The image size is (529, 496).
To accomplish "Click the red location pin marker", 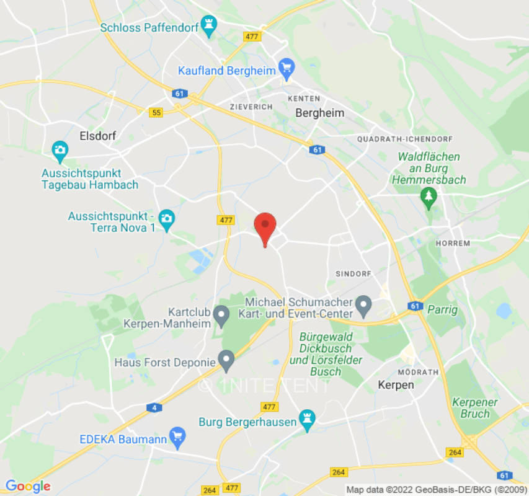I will click(x=265, y=227).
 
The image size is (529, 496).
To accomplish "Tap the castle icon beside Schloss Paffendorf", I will click(x=210, y=27).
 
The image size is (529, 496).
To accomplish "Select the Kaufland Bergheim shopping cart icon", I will click(x=286, y=70).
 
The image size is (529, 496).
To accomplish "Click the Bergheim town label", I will click(x=319, y=113).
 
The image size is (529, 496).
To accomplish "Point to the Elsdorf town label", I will click(x=98, y=135).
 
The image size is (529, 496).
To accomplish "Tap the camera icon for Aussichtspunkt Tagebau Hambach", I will click(x=60, y=149).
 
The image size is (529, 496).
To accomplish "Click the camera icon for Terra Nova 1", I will click(x=166, y=218).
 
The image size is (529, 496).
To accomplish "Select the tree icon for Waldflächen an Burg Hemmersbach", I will click(x=429, y=197).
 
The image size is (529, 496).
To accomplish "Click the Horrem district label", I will click(x=453, y=243).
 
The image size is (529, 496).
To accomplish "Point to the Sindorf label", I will click(x=353, y=273).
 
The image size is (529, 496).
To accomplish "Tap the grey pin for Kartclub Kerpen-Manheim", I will click(x=221, y=316).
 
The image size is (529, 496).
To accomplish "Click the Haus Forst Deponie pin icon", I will click(x=227, y=360).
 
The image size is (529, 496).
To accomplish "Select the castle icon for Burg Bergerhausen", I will click(x=306, y=420).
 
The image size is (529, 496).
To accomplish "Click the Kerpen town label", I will click(x=396, y=385).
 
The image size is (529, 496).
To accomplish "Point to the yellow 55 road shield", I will click(x=156, y=112).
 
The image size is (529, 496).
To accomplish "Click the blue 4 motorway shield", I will click(x=152, y=407).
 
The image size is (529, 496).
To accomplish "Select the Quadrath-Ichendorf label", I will click(x=405, y=139).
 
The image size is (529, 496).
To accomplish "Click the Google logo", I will click(x=28, y=487).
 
